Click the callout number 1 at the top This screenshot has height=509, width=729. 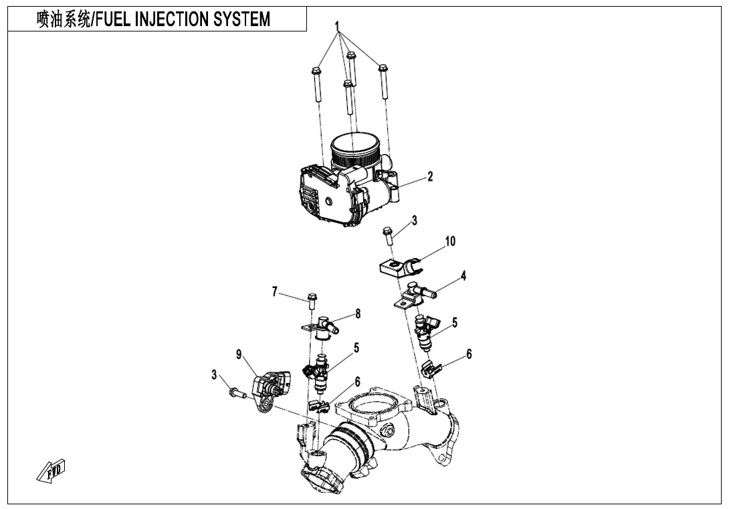pyautogui.click(x=338, y=26)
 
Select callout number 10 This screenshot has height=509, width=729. pyautogui.click(x=450, y=241)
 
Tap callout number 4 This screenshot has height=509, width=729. pyautogui.click(x=463, y=275)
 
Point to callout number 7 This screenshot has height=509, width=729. pyautogui.click(x=274, y=291)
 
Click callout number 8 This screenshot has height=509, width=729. pyautogui.click(x=358, y=313)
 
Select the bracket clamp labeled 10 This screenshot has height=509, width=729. pyautogui.click(x=399, y=267)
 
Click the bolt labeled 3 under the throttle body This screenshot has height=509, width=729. pyautogui.click(x=387, y=234)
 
